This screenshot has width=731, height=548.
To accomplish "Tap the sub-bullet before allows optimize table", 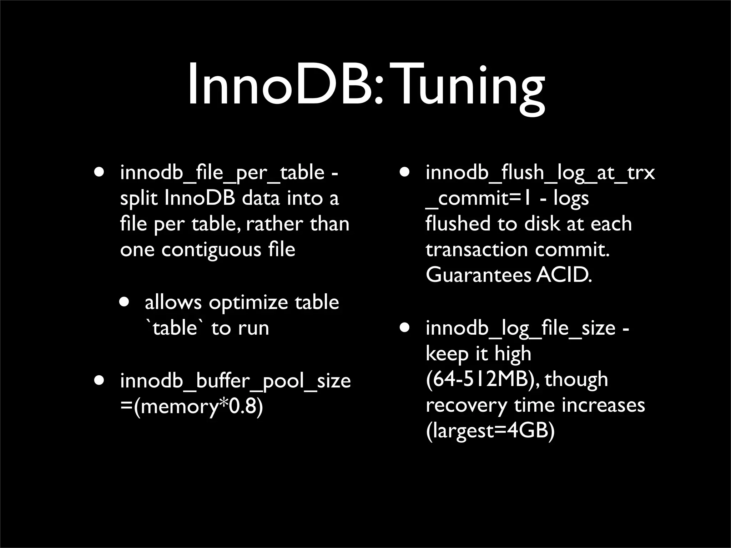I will click(125, 302).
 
